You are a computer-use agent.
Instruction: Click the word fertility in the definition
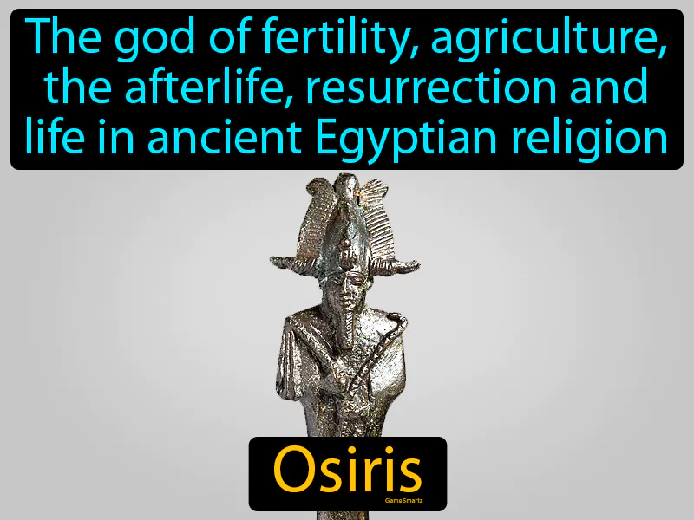(x=290, y=38)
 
